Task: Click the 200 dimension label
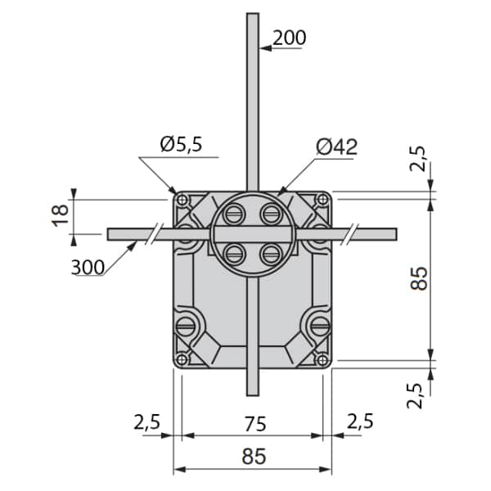289,38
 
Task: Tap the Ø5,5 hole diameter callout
182,144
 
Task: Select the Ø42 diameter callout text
336,146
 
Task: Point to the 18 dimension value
60,216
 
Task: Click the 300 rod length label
88,268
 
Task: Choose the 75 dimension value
255,424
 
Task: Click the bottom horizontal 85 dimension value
254,457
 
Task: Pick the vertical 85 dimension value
419,278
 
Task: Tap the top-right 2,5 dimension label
418,159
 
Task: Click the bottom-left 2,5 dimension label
146,421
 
